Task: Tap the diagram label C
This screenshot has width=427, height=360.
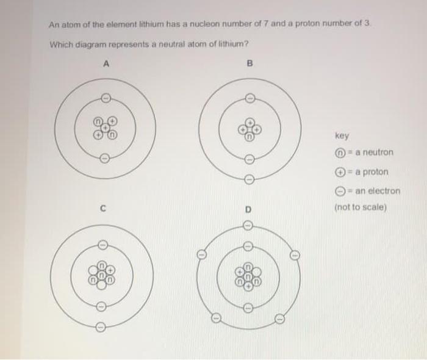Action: pyautogui.click(x=104, y=209)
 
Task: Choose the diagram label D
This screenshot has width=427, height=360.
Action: pyautogui.click(x=248, y=209)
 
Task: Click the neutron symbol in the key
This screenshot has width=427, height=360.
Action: pyautogui.click(x=339, y=153)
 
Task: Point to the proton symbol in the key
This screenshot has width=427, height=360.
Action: pyautogui.click(x=339, y=171)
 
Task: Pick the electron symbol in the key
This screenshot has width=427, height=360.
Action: pyautogui.click(x=339, y=190)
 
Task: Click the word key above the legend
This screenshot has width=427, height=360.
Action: pyautogui.click(x=342, y=135)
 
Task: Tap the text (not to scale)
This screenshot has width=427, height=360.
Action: pyautogui.click(x=361, y=207)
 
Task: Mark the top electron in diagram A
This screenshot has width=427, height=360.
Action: pyautogui.click(x=105, y=98)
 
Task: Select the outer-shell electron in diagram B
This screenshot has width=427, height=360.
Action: pyautogui.click(x=248, y=180)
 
